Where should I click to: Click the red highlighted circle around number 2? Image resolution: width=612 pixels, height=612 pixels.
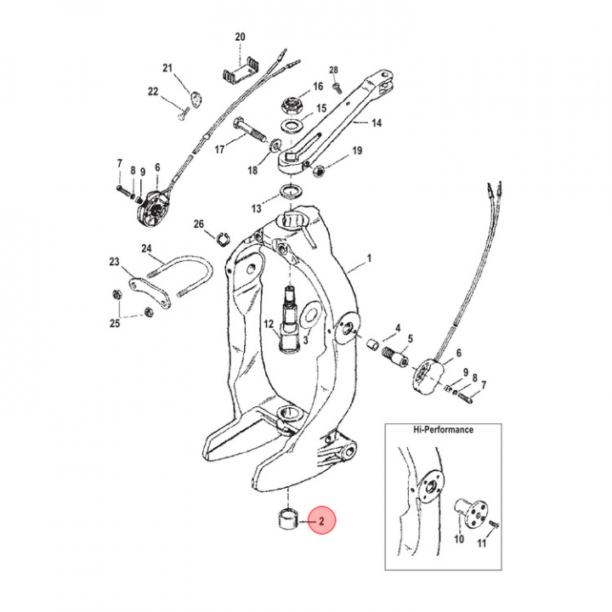[323, 519]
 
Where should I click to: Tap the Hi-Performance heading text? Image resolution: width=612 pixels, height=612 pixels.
[444, 430]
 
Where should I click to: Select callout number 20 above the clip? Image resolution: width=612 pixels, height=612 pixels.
[240, 37]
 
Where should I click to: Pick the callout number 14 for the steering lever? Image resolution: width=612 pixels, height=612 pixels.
[376, 123]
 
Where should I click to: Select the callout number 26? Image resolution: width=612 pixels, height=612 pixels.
[199, 224]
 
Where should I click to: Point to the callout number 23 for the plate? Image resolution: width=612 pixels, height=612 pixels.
[115, 263]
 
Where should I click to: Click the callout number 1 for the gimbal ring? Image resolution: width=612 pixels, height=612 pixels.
[369, 257]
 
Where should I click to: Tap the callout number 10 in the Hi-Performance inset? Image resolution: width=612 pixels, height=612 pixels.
[457, 539]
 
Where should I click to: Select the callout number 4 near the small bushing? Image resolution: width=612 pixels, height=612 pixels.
[397, 327]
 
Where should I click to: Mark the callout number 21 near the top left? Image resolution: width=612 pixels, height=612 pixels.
[167, 68]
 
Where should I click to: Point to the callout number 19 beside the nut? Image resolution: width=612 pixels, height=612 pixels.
[357, 151]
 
